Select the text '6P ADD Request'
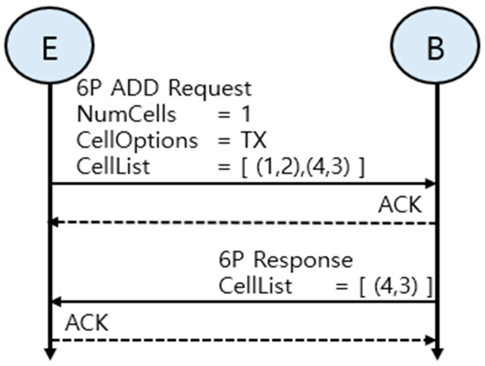click(164, 88)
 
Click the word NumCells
click(126, 114)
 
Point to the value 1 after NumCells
click(246, 114)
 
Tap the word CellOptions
click(137, 141)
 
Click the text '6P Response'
click(286, 260)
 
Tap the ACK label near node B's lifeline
click(400, 205)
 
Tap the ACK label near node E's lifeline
click(87, 323)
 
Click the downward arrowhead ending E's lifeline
click(50, 354)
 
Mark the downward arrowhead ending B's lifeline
click(437, 354)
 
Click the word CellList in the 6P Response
click(255, 286)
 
